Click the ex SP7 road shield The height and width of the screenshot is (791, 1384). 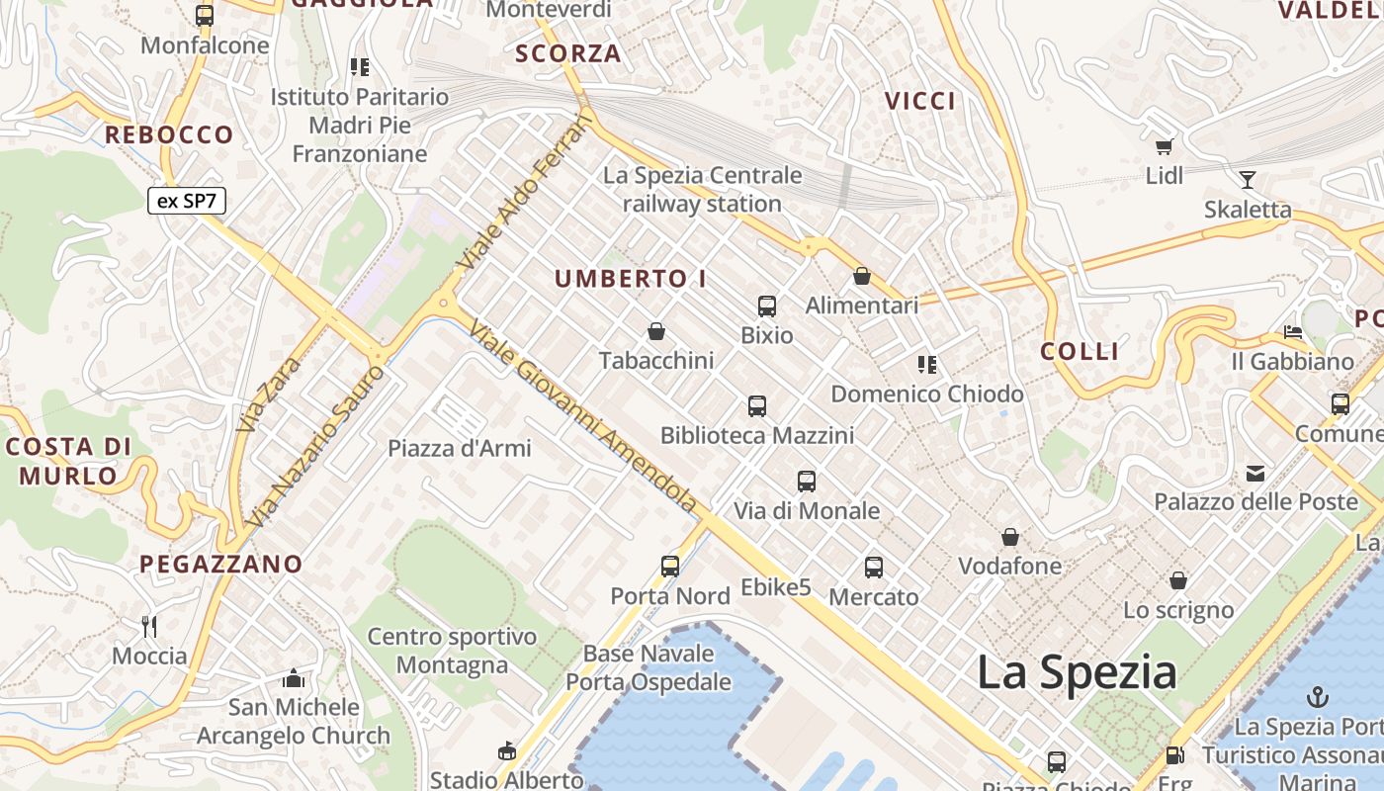tap(187, 202)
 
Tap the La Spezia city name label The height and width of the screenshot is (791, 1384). tap(1077, 673)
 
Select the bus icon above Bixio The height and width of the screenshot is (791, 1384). tap(767, 307)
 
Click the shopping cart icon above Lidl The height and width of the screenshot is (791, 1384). tap(1165, 147)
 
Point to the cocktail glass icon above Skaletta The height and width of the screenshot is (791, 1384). tap(1248, 180)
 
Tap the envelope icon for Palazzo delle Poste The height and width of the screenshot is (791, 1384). tap(1255, 474)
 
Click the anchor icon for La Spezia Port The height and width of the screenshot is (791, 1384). tap(1317, 697)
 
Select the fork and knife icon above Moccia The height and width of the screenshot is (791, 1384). tap(149, 626)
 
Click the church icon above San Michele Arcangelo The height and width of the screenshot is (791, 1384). tap(293, 678)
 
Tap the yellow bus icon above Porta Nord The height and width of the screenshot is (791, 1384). tap(670, 567)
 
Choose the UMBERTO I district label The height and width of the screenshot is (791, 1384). tap(631, 279)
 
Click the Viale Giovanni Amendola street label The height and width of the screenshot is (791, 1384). tap(583, 416)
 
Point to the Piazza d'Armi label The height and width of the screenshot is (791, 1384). tap(460, 448)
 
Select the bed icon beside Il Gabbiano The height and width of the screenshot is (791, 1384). tap(1293, 331)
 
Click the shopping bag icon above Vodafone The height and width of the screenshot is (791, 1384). tap(1010, 538)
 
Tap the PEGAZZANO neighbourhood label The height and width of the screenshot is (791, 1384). tap(220, 565)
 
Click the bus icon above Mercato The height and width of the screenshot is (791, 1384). tap(874, 568)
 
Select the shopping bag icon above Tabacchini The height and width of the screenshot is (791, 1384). tap(656, 331)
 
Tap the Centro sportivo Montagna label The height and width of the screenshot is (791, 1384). tap(452, 651)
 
